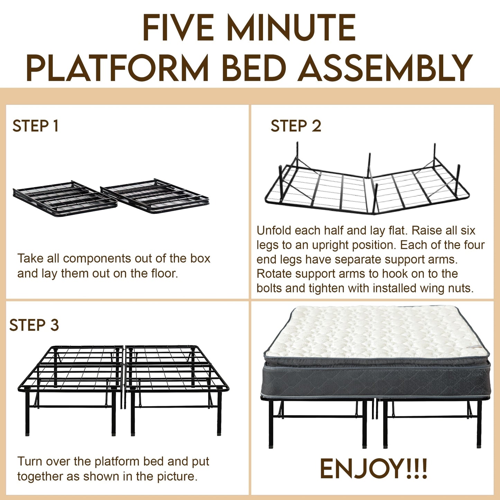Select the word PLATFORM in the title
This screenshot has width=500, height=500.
[x=117, y=67]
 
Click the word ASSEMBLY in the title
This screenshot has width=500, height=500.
[x=385, y=67]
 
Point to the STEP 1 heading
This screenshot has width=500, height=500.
[x=35, y=126]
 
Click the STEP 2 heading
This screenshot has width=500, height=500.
[x=296, y=126]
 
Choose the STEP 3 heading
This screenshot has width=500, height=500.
[x=34, y=325]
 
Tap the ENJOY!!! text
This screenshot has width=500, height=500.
[x=373, y=469]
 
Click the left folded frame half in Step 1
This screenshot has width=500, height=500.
[x=65, y=199]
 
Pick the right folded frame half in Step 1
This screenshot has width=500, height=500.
[x=155, y=196]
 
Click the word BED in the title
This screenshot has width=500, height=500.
[x=254, y=67]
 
